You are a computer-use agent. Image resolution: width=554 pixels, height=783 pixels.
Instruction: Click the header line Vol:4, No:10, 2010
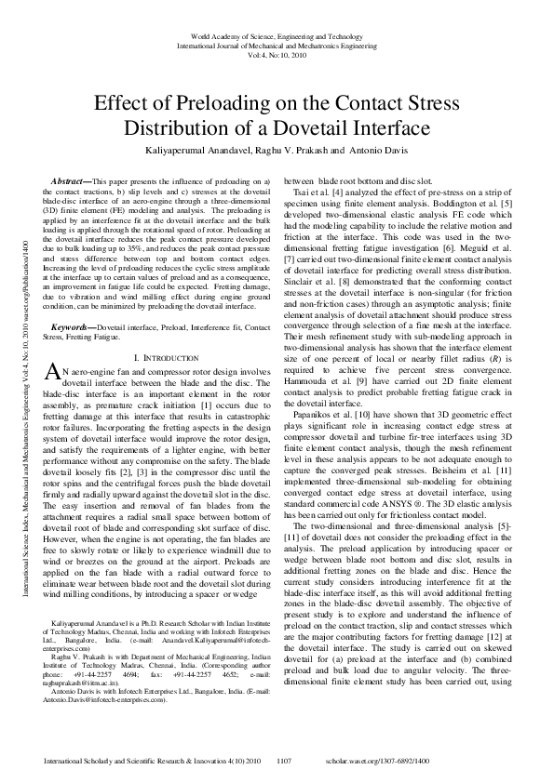pyautogui.click(x=277, y=54)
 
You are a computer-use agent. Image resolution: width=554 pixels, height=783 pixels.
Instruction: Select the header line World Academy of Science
pyautogui.click(x=277, y=33)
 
